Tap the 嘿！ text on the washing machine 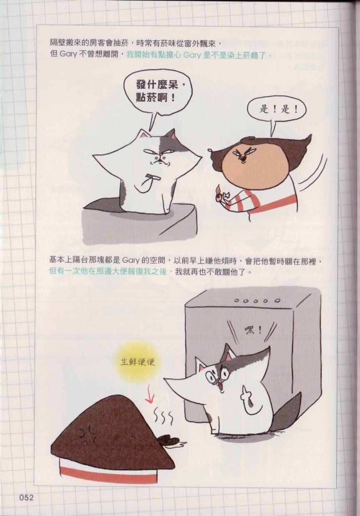(253, 331)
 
